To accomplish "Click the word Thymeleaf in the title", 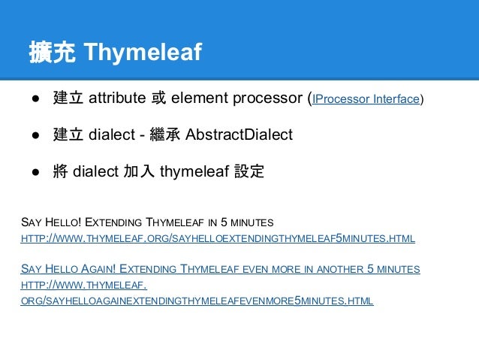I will (143, 53).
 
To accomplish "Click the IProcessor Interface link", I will (366, 99).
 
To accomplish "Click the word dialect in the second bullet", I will (111, 135).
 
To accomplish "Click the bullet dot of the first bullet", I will (35, 99).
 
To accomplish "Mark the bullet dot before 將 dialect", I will (35, 172).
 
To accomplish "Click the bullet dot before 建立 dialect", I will (35, 136).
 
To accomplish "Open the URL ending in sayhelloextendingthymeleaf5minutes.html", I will (218, 238).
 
